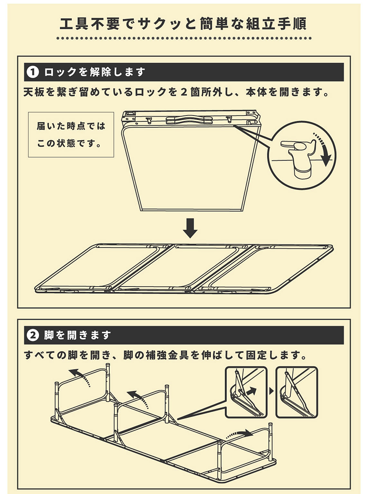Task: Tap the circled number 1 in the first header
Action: pos(33,72)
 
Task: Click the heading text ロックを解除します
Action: pos(95,72)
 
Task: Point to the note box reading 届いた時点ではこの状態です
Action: pos(71,134)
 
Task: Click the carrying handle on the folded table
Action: pos(189,119)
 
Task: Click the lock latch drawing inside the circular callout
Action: pos(299,158)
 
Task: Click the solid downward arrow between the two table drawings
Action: pos(190,228)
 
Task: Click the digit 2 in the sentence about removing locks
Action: pos(184,92)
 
